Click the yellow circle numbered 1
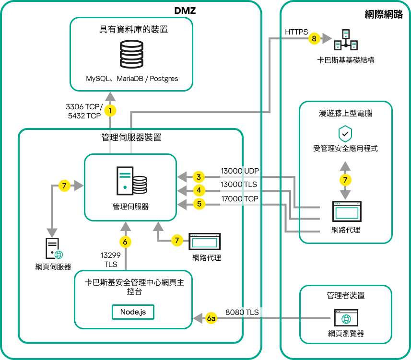tap(111, 111)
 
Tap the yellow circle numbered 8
tap(314, 38)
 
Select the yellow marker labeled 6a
tap(211, 318)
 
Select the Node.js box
tap(133, 312)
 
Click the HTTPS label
tap(296, 32)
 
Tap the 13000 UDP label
tap(239, 171)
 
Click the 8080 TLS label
tap(242, 312)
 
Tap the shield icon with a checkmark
tap(345, 133)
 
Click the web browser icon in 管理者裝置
tap(345, 317)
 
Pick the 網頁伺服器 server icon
tap(52, 249)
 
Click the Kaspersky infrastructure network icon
tap(346, 40)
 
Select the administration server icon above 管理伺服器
tap(131, 180)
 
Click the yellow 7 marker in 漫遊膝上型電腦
tap(345, 180)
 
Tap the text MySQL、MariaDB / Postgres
tap(132, 79)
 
